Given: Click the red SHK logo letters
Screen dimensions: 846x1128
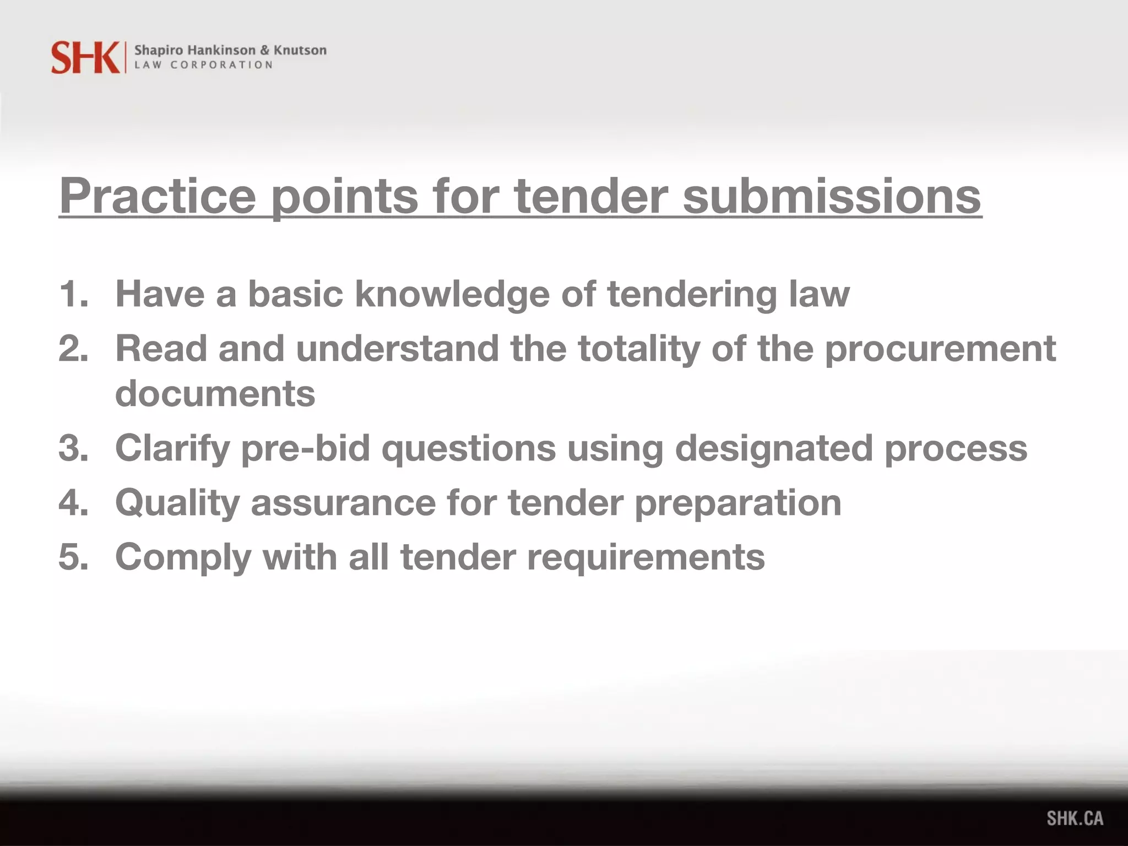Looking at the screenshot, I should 85,57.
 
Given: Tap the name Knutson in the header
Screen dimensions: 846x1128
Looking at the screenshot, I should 300,50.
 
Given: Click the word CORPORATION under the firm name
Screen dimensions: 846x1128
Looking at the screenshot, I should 221,65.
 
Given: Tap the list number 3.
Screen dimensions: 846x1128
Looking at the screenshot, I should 73,448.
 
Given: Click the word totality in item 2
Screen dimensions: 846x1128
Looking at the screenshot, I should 639,349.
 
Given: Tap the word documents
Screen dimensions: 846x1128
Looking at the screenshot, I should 215,393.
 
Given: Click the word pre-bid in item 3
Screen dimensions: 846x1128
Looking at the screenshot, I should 305,448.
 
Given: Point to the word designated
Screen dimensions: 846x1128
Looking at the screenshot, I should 774,448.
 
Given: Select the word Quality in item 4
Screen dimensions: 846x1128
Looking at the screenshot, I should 177,503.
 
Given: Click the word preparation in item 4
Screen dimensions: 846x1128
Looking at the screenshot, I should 737,503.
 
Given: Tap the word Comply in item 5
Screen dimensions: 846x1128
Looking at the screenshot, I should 183,557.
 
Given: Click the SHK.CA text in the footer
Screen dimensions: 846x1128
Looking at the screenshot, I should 1075,818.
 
